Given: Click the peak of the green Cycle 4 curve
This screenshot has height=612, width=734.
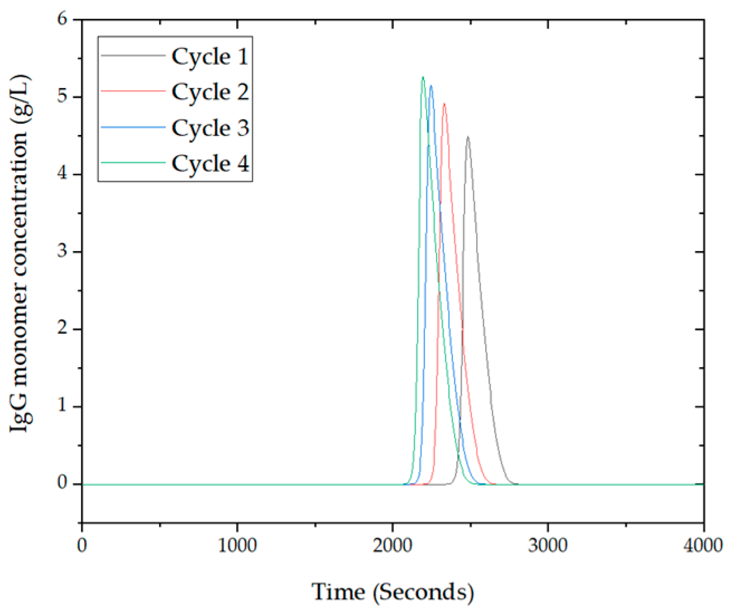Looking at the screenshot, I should click(423, 77).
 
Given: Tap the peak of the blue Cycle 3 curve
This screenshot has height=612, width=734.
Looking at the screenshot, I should click(430, 86).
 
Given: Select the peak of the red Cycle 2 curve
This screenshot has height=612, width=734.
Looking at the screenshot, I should click(444, 103).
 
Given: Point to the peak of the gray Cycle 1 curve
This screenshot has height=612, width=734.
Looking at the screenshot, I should click(468, 137).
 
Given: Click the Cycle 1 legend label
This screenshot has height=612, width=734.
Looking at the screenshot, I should click(210, 56).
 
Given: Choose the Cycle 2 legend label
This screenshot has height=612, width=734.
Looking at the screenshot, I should click(210, 92).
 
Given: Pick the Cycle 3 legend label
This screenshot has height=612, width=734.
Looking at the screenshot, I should click(210, 128).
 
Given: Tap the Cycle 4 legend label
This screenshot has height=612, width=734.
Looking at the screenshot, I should click(210, 163).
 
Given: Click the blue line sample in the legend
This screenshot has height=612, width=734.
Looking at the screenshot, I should click(133, 128).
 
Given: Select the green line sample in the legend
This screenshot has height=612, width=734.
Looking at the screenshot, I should click(133, 163).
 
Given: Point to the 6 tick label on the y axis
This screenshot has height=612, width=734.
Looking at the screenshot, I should click(62, 20).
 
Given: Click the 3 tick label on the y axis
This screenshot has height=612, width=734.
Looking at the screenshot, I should click(62, 252).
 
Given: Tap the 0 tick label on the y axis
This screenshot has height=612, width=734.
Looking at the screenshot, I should click(62, 484).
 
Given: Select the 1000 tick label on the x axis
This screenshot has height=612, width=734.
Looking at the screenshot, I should click(237, 545).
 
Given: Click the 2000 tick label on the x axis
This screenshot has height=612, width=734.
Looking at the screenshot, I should click(392, 545).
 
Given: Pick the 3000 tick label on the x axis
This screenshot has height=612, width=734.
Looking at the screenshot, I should click(548, 545).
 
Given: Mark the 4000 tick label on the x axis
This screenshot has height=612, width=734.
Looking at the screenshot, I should click(703, 545).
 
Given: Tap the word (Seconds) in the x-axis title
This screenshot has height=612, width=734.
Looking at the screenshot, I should click(424, 592).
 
